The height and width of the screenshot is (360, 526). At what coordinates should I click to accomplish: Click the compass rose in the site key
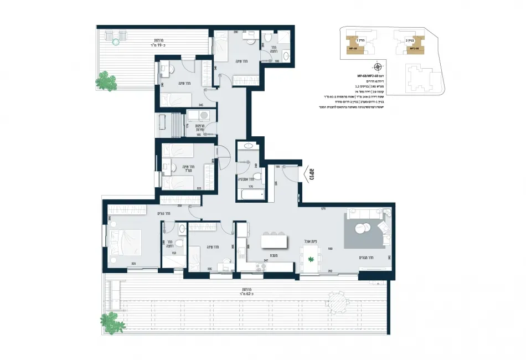[376, 66]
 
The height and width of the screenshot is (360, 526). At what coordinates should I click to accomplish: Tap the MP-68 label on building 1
[352, 49]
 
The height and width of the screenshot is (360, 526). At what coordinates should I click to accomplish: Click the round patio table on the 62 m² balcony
[337, 302]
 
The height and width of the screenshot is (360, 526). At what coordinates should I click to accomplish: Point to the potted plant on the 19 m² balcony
[108, 80]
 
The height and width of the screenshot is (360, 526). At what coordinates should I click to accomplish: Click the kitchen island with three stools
[275, 242]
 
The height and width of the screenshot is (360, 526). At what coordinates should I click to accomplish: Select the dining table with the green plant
[311, 259]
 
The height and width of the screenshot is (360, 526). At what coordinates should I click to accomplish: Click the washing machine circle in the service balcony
[203, 115]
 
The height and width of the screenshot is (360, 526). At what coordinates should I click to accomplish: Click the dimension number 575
[323, 209]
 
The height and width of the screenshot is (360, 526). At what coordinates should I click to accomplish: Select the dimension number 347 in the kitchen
[266, 260]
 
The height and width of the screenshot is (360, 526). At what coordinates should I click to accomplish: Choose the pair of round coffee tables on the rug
[363, 227]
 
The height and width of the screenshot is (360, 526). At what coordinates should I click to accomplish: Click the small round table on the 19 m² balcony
[116, 42]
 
